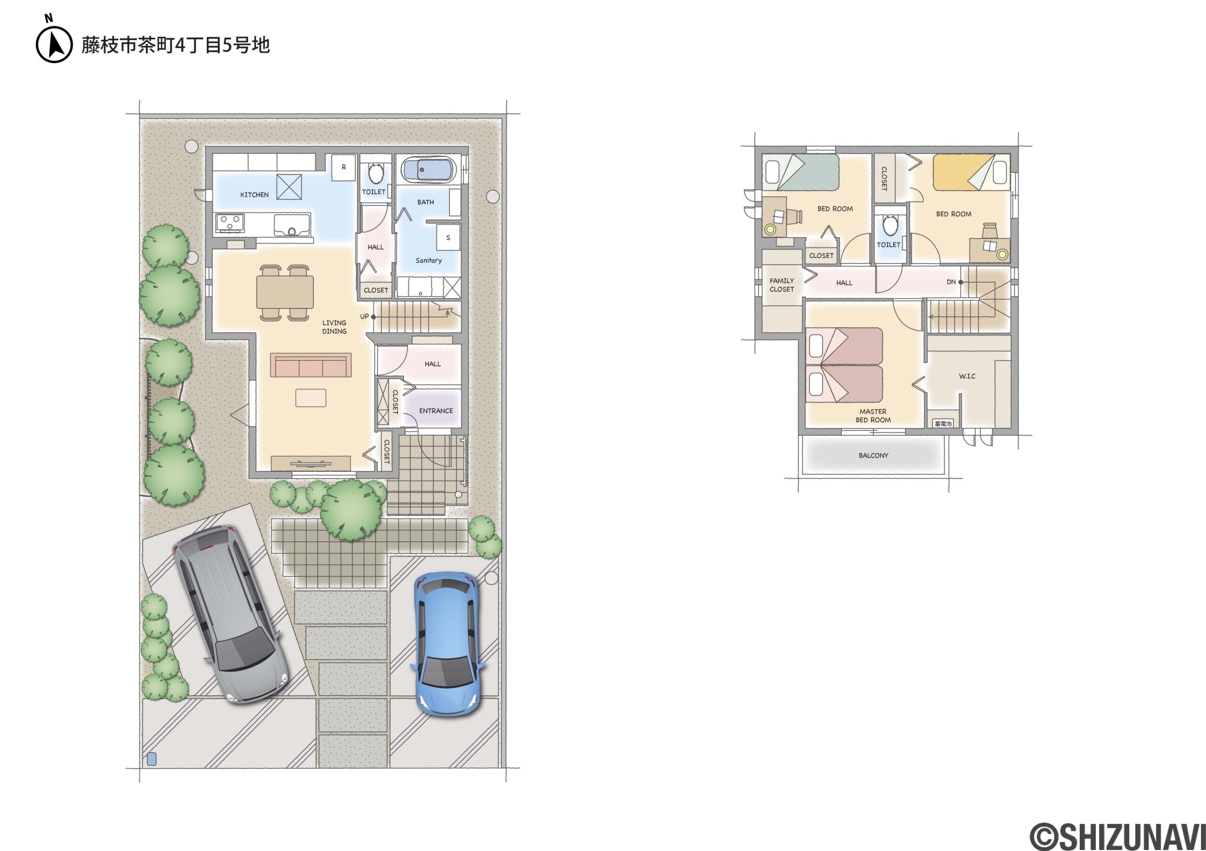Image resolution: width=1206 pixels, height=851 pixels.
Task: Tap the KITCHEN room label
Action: [x=254, y=195]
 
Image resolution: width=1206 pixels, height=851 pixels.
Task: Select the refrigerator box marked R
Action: [x=343, y=168]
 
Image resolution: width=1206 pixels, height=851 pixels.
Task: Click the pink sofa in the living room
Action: [x=311, y=365]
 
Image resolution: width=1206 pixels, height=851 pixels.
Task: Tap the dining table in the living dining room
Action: [x=285, y=292]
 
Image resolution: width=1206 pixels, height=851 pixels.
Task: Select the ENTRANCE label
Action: [x=436, y=411]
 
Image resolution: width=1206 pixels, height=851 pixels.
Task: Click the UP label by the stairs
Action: [x=365, y=316]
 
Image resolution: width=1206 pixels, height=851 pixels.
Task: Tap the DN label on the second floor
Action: [x=951, y=282]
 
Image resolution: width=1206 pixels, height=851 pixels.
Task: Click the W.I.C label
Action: [x=967, y=376]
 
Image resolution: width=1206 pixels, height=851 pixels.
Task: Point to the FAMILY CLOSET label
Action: [x=782, y=285]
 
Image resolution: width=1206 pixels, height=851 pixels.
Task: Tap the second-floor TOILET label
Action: [x=888, y=244]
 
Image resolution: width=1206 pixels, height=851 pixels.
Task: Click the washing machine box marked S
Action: [x=448, y=238]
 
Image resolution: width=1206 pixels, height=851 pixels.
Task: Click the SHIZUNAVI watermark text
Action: [x=1117, y=836]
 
